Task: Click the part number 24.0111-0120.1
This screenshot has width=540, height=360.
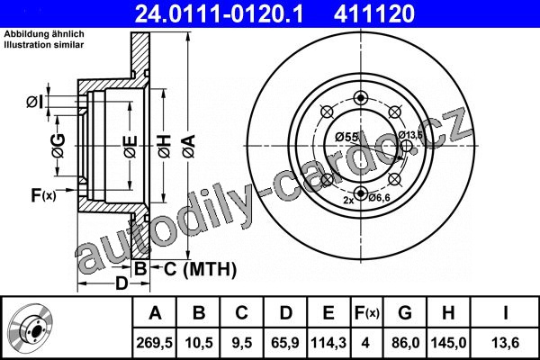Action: point(220,13)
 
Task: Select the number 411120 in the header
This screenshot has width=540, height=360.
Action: point(374,13)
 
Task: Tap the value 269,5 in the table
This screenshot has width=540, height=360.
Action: point(154,343)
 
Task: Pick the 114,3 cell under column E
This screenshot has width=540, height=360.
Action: point(328,343)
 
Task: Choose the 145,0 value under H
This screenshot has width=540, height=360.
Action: point(449,343)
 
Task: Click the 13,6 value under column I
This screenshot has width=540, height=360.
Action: point(506,343)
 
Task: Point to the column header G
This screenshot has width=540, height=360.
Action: point(405,313)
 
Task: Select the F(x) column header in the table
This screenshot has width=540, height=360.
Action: point(367,313)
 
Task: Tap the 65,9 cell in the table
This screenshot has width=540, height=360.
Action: point(285,343)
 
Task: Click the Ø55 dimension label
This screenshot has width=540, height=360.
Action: point(346,137)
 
